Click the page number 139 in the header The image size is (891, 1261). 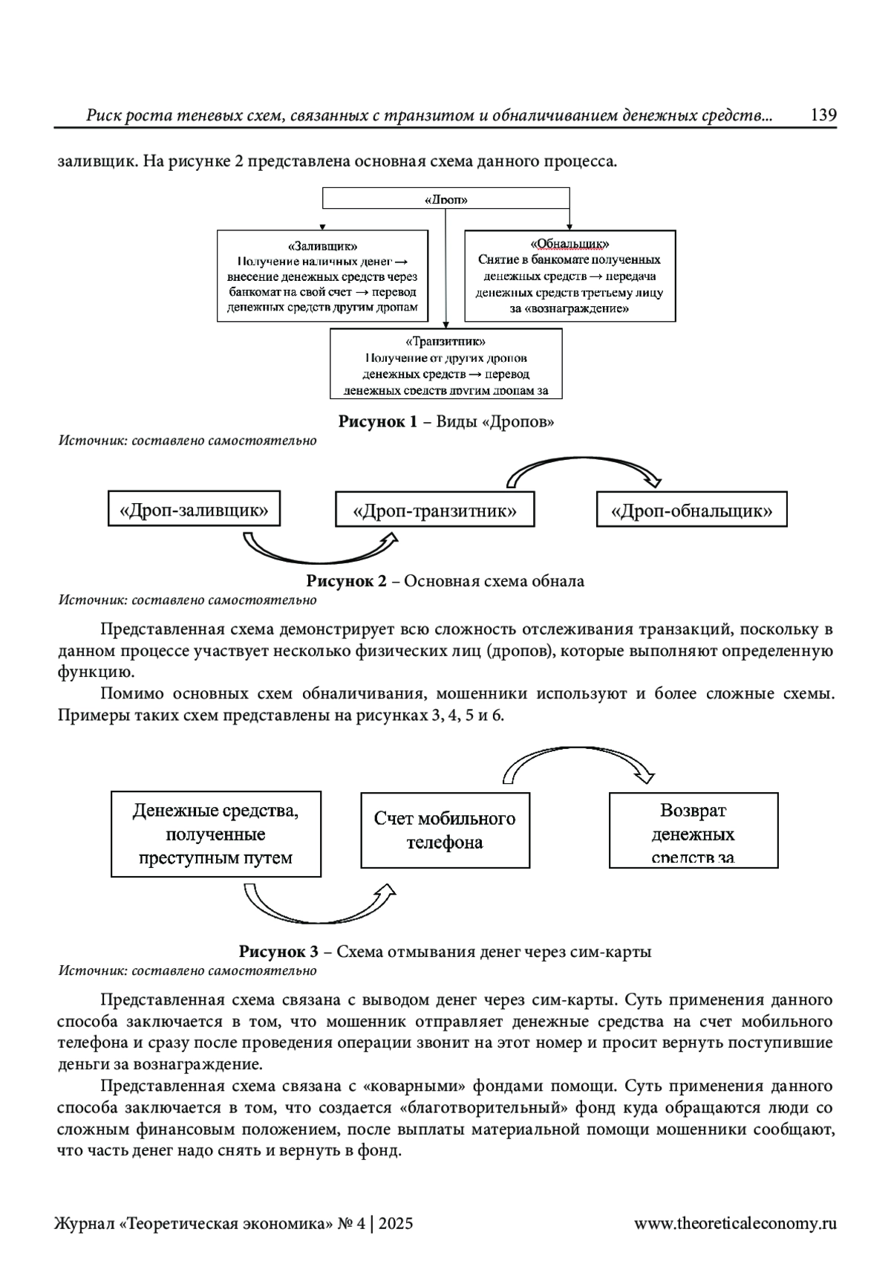pyautogui.click(x=823, y=115)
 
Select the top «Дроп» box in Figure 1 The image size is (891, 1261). pyautogui.click(x=446, y=199)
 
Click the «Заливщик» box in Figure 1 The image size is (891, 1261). pyautogui.click(x=322, y=276)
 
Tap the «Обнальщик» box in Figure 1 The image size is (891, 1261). pyautogui.click(x=569, y=276)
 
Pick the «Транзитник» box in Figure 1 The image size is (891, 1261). pyautogui.click(x=446, y=364)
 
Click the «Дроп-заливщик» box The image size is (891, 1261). pyautogui.click(x=194, y=509)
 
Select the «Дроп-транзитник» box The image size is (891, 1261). pyautogui.click(x=434, y=510)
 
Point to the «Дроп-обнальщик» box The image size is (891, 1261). pyautogui.click(x=691, y=510)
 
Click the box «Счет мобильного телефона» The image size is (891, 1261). pyautogui.click(x=445, y=830)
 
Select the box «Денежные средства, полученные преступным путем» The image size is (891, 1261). pyautogui.click(x=216, y=834)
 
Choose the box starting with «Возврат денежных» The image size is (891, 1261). pyautogui.click(x=693, y=830)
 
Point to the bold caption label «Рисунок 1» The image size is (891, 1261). pyautogui.click(x=378, y=422)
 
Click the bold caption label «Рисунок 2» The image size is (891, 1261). pyautogui.click(x=347, y=581)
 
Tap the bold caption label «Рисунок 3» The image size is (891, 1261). pyautogui.click(x=278, y=952)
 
